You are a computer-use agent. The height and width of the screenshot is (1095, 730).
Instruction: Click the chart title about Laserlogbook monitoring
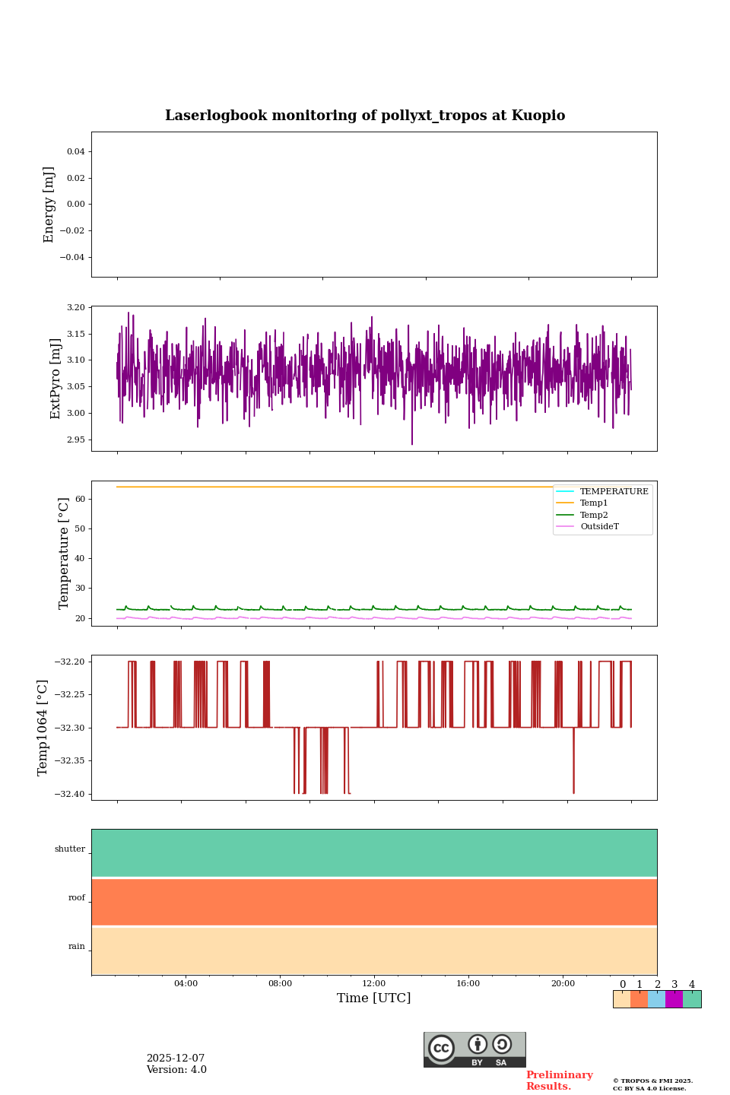click(365, 116)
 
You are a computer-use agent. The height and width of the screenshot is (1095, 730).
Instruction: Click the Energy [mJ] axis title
click(49, 205)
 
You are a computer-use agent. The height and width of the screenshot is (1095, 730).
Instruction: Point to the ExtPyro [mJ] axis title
click(56, 379)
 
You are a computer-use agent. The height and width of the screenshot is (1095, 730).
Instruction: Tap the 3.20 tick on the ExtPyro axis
click(76, 308)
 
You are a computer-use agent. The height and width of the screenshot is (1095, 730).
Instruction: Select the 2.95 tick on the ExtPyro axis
click(76, 440)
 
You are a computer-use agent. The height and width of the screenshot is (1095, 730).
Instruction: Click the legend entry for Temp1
click(594, 503)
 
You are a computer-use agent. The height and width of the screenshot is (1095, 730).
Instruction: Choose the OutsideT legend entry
click(599, 527)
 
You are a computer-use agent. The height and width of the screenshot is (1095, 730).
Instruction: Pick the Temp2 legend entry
click(594, 516)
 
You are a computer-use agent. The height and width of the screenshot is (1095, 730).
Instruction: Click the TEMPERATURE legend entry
click(614, 492)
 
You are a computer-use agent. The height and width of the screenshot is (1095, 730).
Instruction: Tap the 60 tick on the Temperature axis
click(81, 500)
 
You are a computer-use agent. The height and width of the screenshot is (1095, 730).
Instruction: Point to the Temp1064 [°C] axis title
click(43, 728)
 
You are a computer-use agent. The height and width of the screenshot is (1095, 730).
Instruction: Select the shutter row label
click(70, 849)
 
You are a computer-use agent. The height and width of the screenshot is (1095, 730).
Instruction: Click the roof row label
click(77, 898)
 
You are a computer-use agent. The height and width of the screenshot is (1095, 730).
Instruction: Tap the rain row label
click(77, 947)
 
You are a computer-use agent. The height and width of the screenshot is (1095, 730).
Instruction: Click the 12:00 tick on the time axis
click(374, 984)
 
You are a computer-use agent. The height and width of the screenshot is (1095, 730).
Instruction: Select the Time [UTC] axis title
click(374, 998)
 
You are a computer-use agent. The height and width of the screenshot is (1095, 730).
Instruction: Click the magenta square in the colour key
click(674, 999)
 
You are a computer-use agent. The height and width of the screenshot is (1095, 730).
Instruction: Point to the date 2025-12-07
click(176, 1058)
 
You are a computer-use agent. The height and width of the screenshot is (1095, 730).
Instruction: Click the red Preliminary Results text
click(559, 1081)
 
